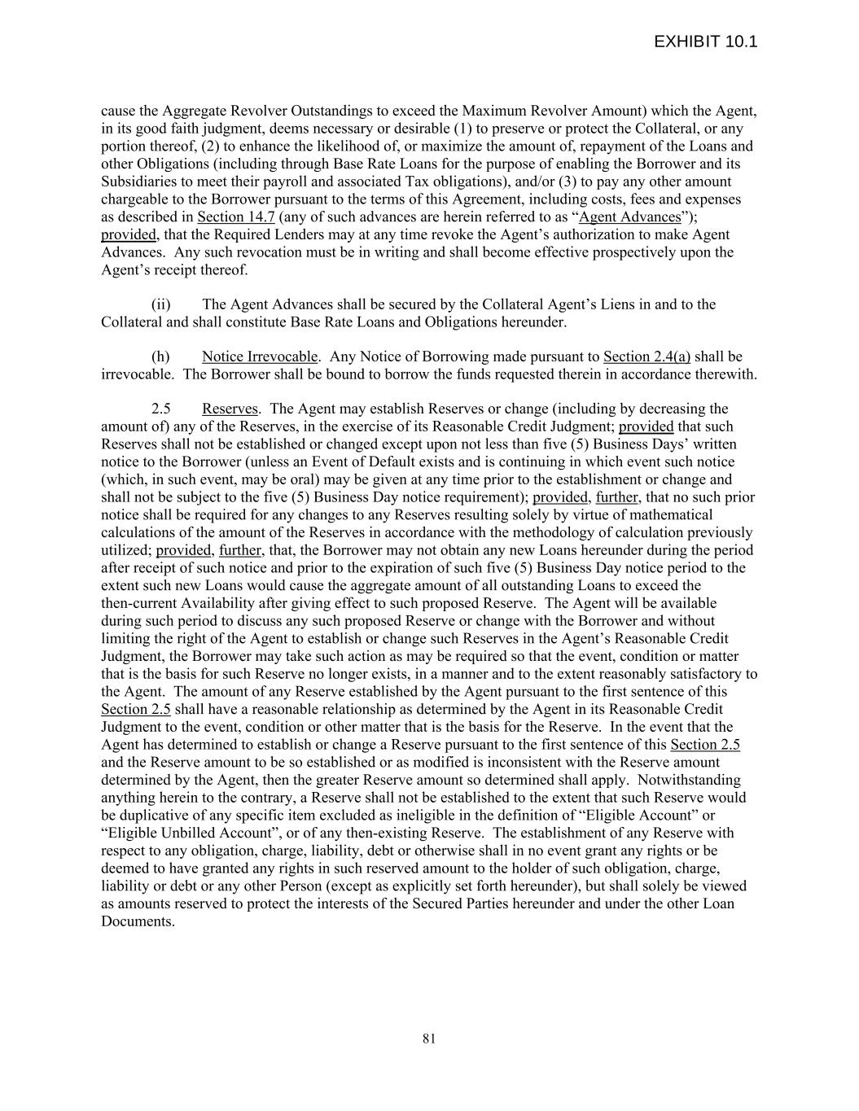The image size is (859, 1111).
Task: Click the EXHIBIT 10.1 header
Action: coord(705,42)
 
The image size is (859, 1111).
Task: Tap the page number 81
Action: coord(429,1038)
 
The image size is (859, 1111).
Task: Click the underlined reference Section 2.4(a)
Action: coord(646,356)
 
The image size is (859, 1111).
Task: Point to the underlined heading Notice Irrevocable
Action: coord(260,356)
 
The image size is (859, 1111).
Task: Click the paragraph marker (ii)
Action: coord(160,304)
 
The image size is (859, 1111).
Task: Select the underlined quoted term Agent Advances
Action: coord(629,217)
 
